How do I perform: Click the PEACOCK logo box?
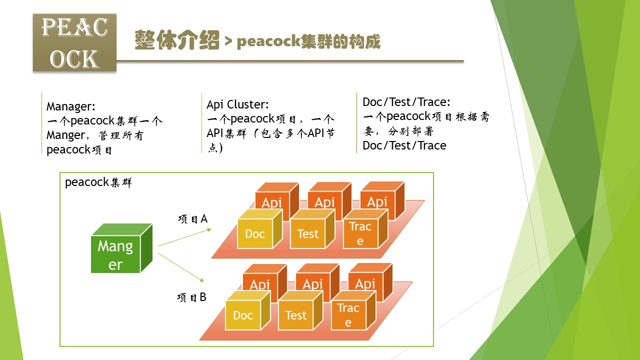tap(74, 42)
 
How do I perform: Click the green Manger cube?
tap(116, 253)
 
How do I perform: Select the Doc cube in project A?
tap(255, 233)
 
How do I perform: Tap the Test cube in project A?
tap(307, 233)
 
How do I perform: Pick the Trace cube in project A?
tap(360, 233)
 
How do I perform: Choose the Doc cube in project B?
tap(243, 315)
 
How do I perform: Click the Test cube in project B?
tap(295, 315)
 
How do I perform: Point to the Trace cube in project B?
tap(348, 315)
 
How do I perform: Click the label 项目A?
tap(192, 219)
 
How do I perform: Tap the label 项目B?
tap(191, 297)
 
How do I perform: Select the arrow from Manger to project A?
tap(184, 237)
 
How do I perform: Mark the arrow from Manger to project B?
tap(182, 268)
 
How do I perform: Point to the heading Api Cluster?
tap(237, 104)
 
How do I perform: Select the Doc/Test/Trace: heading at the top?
tap(406, 102)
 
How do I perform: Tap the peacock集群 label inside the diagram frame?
tap(98, 182)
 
